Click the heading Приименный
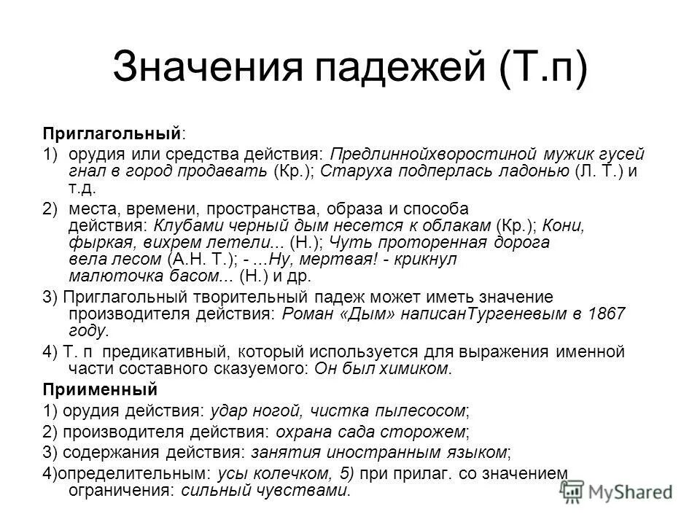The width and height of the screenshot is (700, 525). (98, 387)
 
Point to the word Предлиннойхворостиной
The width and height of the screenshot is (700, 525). (432, 154)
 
